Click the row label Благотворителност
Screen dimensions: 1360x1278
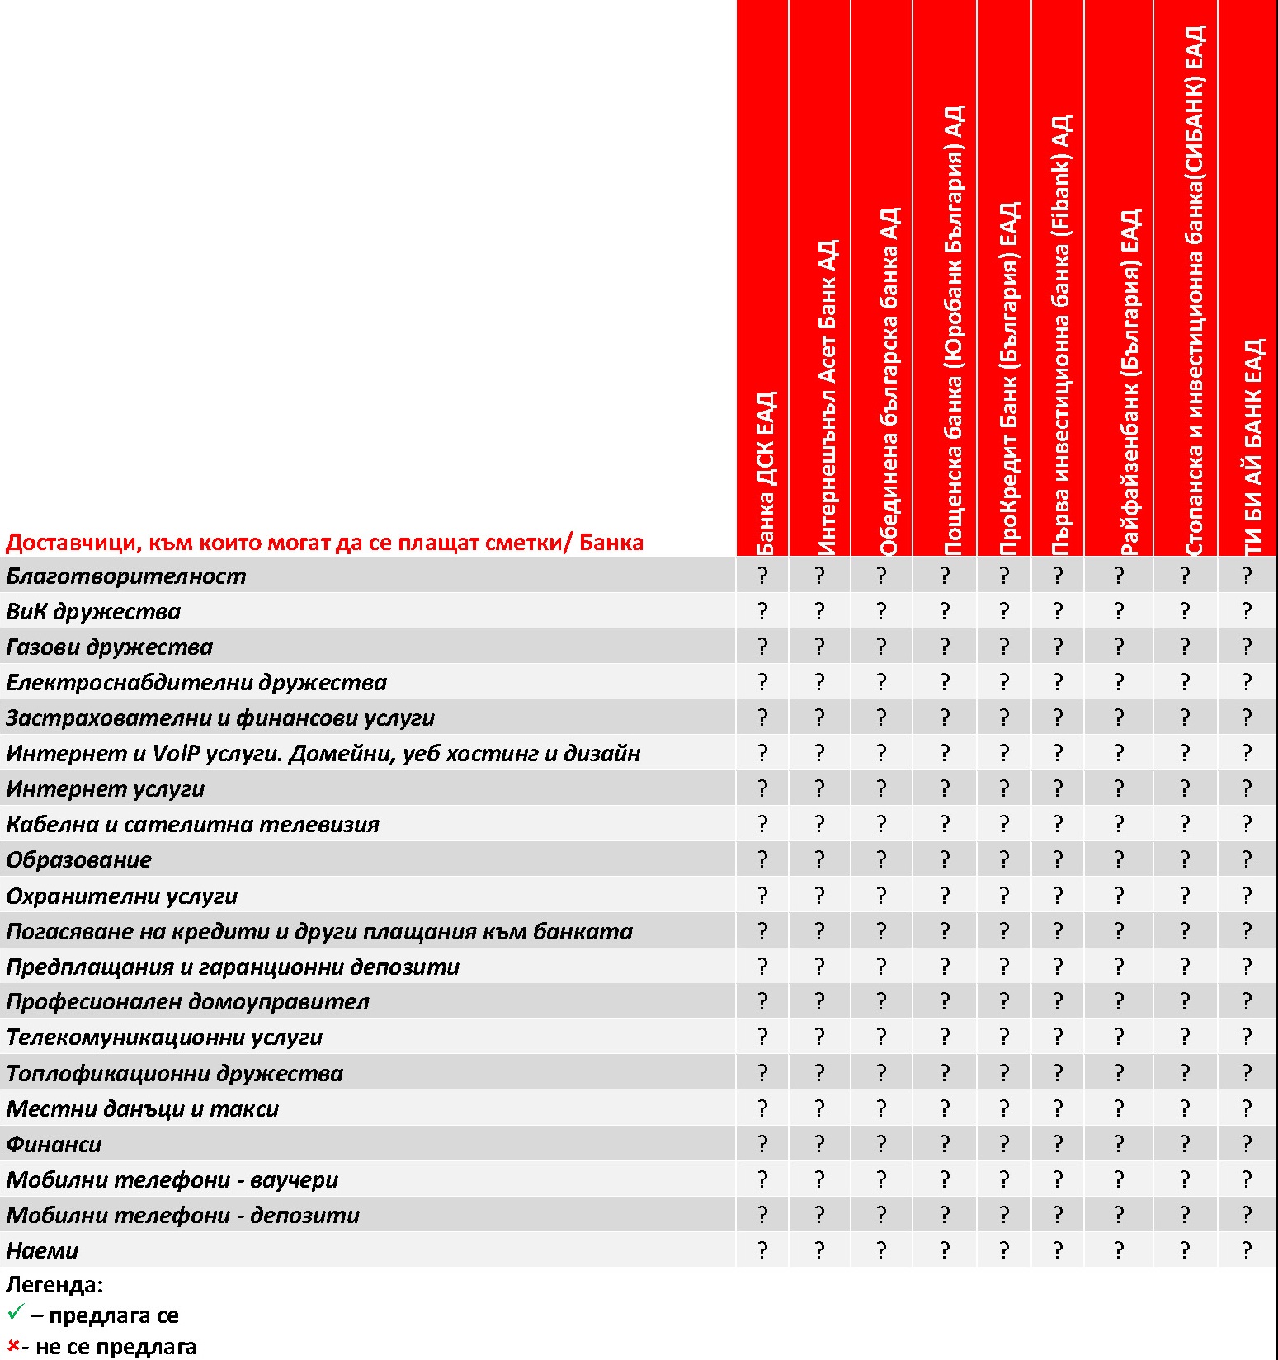(x=125, y=576)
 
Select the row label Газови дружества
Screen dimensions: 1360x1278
(x=109, y=647)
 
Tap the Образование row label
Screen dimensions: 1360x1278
(x=78, y=859)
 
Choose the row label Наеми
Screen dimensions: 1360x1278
(x=42, y=1250)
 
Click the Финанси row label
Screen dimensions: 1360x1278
(x=54, y=1144)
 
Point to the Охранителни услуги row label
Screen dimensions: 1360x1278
(x=121, y=896)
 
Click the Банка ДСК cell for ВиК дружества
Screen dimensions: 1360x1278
(x=762, y=611)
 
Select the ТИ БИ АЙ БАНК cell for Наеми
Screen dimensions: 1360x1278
(x=1247, y=1250)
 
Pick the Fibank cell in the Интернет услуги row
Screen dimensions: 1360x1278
(x=1058, y=788)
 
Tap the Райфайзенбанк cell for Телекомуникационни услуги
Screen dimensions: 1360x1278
(x=1119, y=1037)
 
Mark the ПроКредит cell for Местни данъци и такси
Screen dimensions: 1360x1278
(x=1004, y=1108)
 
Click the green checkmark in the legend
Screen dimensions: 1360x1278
(x=15, y=1311)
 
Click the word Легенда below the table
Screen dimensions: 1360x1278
(x=54, y=1284)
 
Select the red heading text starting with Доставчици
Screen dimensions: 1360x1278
(x=324, y=543)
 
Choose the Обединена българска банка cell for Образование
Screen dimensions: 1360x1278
(x=881, y=859)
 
